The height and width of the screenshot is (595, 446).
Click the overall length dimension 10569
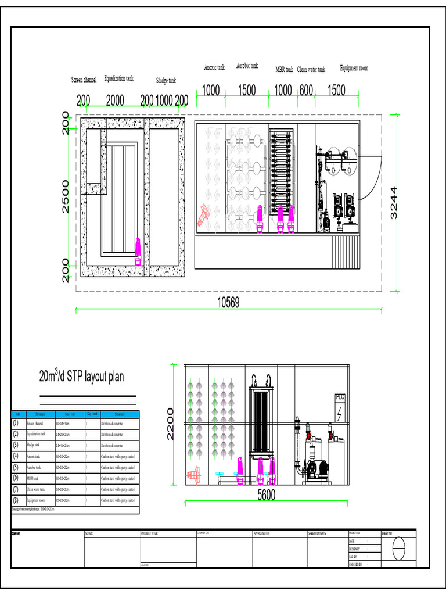tap(228, 302)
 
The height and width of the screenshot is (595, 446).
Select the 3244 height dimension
tap(394, 203)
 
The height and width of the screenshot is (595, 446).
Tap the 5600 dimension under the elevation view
tap(266, 494)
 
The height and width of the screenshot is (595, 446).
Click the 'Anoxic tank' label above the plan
tap(214, 67)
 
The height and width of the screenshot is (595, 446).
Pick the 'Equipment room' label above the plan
tap(354, 68)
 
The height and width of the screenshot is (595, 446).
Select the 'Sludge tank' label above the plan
tap(166, 80)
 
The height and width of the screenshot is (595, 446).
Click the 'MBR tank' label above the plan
tap(284, 70)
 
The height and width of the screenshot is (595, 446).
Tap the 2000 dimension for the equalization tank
tap(115, 101)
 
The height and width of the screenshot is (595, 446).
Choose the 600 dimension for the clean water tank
tap(306, 90)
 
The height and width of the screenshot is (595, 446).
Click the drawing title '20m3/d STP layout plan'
tap(81, 377)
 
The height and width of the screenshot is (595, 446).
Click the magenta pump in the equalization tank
tap(138, 251)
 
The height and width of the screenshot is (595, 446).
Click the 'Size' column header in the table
tap(69, 414)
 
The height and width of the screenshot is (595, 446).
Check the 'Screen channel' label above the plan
tap(84, 79)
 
